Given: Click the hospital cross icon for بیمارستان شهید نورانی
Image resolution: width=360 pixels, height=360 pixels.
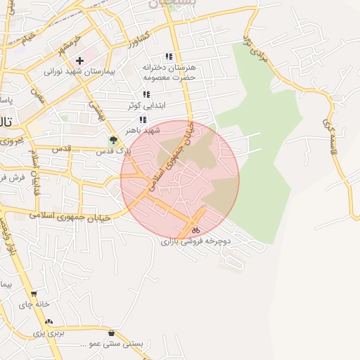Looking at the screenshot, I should [x=79, y=61].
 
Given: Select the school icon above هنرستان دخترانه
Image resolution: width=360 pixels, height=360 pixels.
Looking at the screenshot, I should [x=169, y=56].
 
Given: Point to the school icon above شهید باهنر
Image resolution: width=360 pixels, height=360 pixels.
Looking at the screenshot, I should [x=143, y=120].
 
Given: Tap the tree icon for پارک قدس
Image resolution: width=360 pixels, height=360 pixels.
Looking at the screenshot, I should [x=113, y=140].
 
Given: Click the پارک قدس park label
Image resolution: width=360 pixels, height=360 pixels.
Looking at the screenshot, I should [x=113, y=151].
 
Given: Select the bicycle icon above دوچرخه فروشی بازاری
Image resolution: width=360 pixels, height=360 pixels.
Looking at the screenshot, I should [x=195, y=230].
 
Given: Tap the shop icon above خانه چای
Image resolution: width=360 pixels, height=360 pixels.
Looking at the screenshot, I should [x=33, y=294].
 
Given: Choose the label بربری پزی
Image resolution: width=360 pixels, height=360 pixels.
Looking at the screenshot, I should [x=50, y=332].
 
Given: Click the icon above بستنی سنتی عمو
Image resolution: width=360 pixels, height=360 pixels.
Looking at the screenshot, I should [x=112, y=333].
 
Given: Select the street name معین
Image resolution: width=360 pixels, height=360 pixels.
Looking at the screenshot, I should [x=37, y=96].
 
